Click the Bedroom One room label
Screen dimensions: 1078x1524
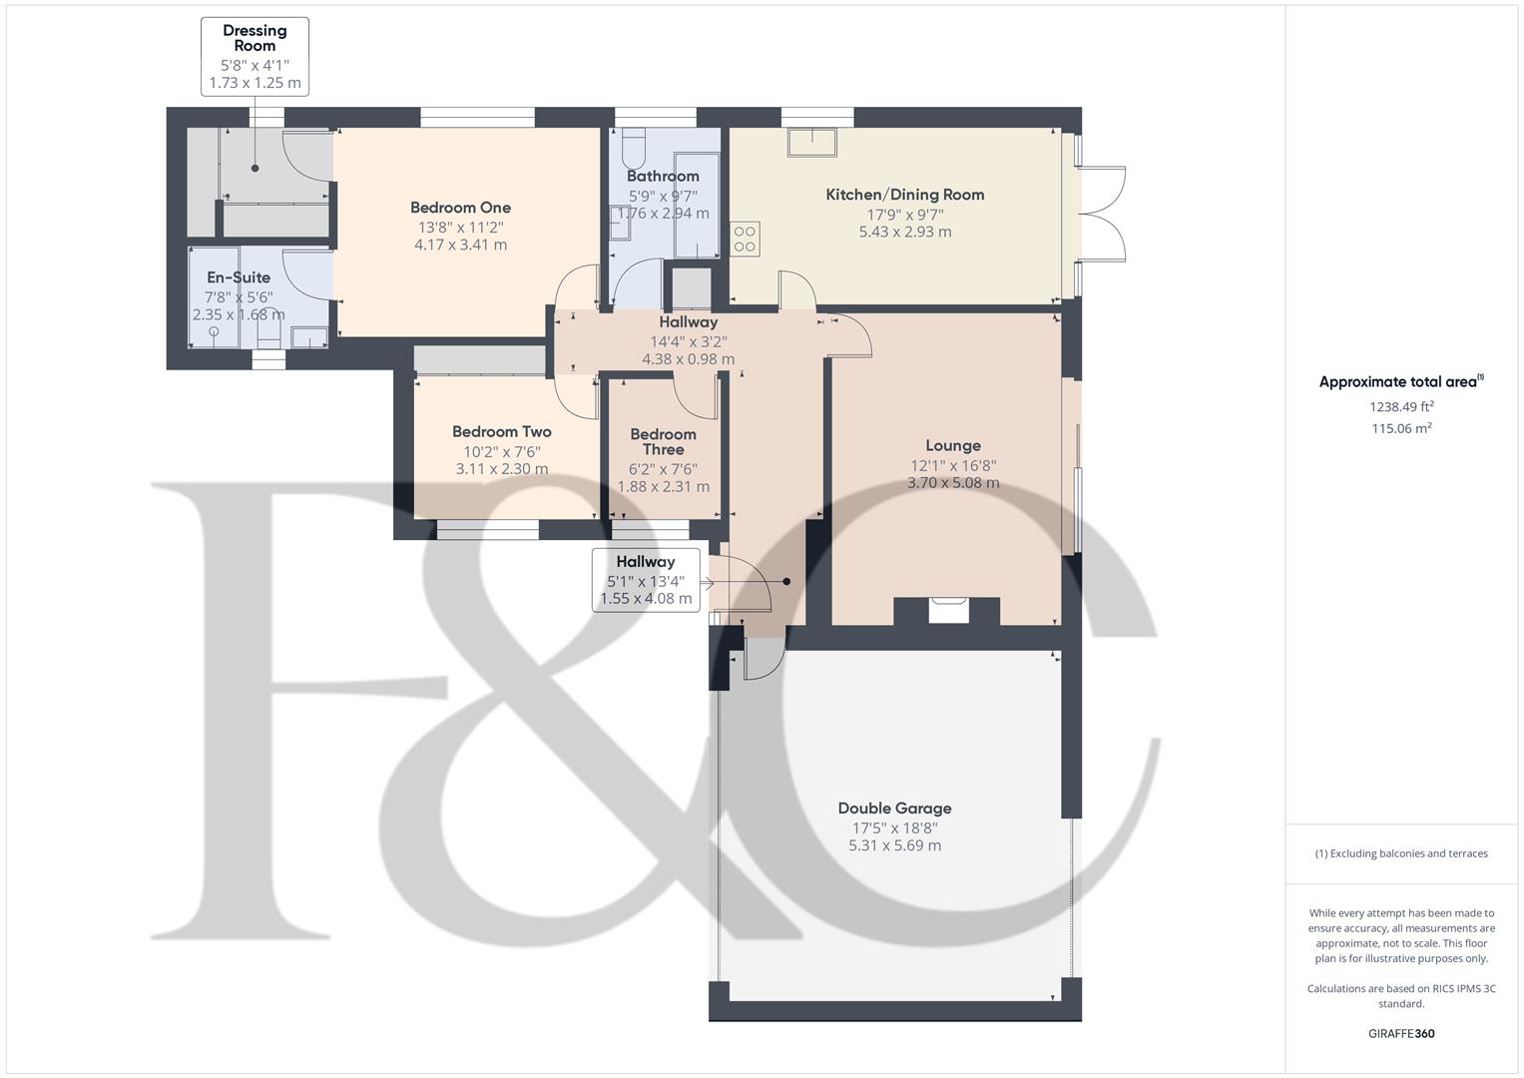(x=460, y=208)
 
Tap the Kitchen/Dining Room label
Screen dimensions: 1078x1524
(x=904, y=195)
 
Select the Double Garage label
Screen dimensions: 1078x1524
(x=894, y=808)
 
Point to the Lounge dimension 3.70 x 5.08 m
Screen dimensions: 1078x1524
(x=952, y=483)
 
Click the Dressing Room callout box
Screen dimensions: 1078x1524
(x=254, y=57)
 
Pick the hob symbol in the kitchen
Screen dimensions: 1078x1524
(x=745, y=240)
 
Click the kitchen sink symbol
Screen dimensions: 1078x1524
(x=811, y=143)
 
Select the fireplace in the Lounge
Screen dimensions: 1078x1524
(x=947, y=609)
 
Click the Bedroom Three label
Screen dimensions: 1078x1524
(x=663, y=441)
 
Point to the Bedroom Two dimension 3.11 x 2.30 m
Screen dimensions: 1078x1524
(x=501, y=469)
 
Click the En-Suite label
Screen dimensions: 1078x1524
(x=239, y=277)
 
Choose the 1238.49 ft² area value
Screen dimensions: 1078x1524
(x=1401, y=407)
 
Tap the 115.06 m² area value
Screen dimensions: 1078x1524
(x=1401, y=429)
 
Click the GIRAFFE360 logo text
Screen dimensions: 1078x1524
(x=1400, y=1034)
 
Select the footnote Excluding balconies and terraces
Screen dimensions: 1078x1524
(x=1401, y=853)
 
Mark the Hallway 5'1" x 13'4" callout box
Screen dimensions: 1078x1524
(x=646, y=580)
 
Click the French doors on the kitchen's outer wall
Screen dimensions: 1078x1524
(x=1102, y=215)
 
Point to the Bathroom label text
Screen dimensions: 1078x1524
(x=663, y=176)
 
